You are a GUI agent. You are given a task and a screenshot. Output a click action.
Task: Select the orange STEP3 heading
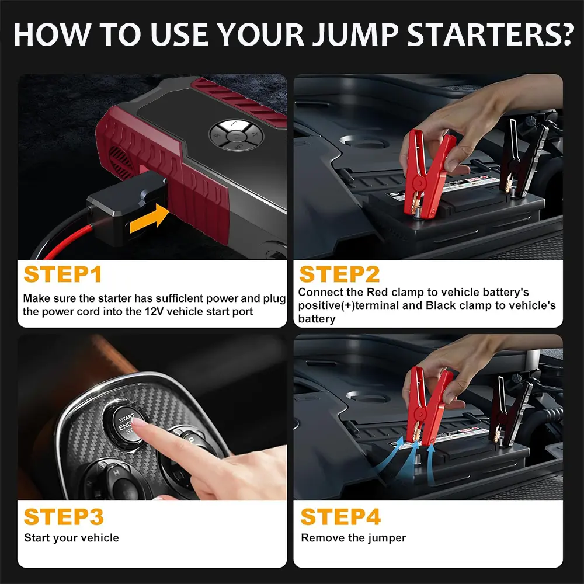(x=64, y=517)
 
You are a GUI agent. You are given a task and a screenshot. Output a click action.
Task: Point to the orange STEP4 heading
(x=340, y=517)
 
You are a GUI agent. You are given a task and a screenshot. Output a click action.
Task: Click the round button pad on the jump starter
(x=236, y=135)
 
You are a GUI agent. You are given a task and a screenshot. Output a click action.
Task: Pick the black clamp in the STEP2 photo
(x=523, y=158)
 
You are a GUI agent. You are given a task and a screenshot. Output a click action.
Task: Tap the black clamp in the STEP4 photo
(x=512, y=411)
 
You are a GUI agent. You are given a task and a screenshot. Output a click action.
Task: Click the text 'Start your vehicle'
(x=71, y=538)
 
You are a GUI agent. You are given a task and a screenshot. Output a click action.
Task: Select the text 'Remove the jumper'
(x=353, y=538)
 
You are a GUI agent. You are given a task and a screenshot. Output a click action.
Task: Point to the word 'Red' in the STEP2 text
(x=376, y=292)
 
